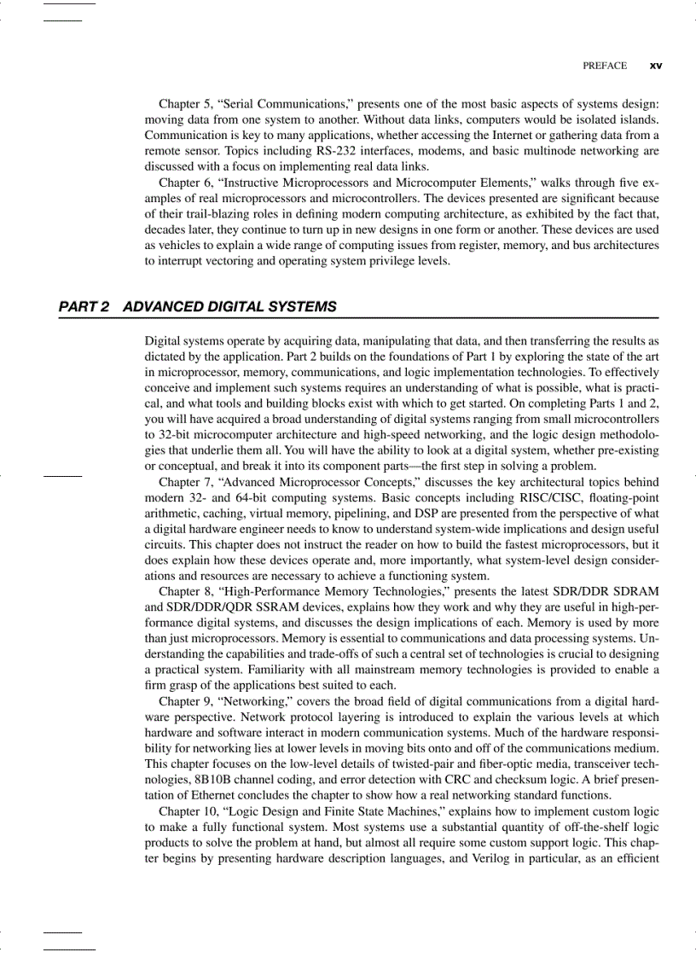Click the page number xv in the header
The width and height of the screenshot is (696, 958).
click(656, 66)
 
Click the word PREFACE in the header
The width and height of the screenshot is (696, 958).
click(604, 66)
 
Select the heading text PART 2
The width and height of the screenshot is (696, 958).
click(84, 307)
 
